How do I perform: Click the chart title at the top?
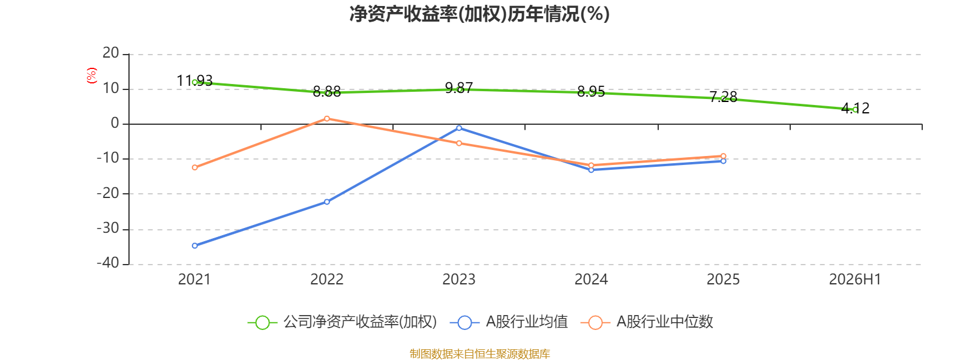tap(479, 14)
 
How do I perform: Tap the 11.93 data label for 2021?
tap(194, 80)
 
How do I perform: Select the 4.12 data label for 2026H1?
tap(856, 108)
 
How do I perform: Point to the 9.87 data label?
tap(459, 88)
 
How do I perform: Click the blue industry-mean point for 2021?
tap(195, 246)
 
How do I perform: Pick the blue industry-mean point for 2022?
tap(327, 202)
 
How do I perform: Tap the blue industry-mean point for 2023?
tap(459, 128)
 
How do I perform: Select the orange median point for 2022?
tap(327, 119)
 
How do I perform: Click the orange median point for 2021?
tap(195, 167)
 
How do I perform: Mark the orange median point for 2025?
tap(724, 157)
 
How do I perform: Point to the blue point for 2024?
tap(592, 170)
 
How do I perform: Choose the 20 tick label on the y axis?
tap(110, 53)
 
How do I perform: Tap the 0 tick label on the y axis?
tap(115, 123)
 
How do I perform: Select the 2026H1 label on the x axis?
tap(855, 280)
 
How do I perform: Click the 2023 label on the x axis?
tap(459, 280)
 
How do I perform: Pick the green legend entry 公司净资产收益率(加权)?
tap(343, 322)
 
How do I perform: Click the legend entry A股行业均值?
tap(509, 322)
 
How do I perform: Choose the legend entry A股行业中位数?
tap(647, 322)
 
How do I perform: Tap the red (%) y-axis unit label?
tap(91, 76)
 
